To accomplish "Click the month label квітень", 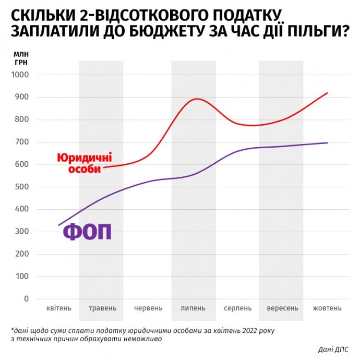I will (x=58, y=308).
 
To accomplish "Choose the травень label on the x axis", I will (x=102, y=308).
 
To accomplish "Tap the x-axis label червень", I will (x=148, y=308).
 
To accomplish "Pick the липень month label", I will (x=193, y=308).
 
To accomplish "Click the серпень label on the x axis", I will (x=237, y=308).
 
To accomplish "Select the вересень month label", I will (x=282, y=308).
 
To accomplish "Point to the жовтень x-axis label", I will (x=327, y=308).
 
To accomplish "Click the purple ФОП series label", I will (x=88, y=232).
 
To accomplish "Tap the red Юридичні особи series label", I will (x=84, y=163).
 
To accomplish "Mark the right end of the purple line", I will (x=328, y=142).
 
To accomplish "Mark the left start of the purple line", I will (x=58, y=225).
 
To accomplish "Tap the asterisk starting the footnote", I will (x=11, y=330).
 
